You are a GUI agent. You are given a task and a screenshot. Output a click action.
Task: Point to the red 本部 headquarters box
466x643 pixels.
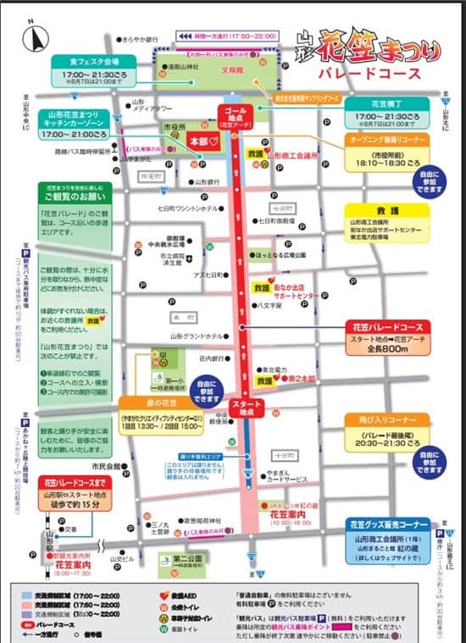click(x=203, y=140)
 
